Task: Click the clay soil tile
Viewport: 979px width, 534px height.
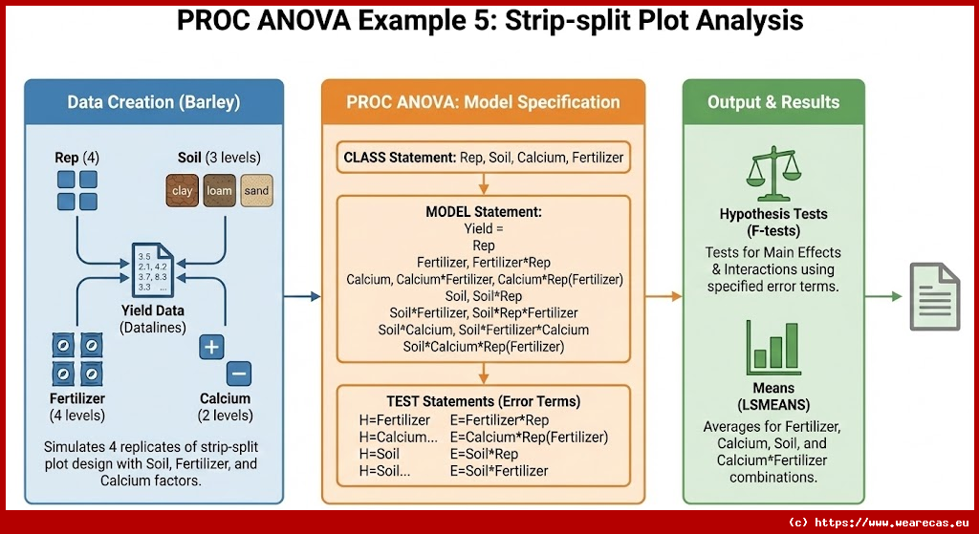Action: pyautogui.click(x=182, y=190)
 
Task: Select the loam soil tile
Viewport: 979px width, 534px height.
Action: pyautogui.click(x=219, y=190)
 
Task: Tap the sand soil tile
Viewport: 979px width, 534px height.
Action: pyautogui.click(x=256, y=190)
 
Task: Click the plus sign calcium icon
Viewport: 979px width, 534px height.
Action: pyautogui.click(x=211, y=347)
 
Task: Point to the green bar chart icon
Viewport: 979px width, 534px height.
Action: pyautogui.click(x=773, y=345)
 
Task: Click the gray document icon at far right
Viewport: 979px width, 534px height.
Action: pyautogui.click(x=935, y=296)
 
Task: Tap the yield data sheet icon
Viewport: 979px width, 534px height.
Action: pyautogui.click(x=153, y=272)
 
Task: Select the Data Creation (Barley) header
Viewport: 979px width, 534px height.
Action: pyautogui.click(x=153, y=102)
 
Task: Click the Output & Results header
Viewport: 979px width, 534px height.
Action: pyautogui.click(x=773, y=102)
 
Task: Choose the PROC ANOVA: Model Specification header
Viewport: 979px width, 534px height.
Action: pyautogui.click(x=483, y=102)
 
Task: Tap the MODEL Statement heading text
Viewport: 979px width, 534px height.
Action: pyautogui.click(x=483, y=212)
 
